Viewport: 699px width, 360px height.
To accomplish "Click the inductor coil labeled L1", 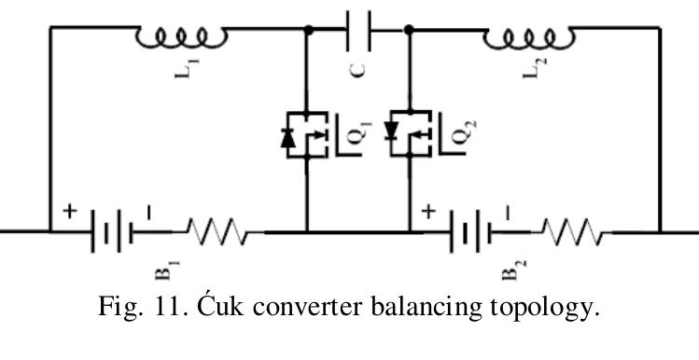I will pyautogui.click(x=181, y=36).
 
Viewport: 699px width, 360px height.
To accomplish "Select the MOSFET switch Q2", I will pyautogui.click(x=411, y=134).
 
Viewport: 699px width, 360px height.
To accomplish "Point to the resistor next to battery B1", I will pyautogui.click(x=216, y=231).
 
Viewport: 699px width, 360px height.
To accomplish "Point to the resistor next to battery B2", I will pyautogui.click(x=574, y=231).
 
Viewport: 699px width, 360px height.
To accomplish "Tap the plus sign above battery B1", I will pyautogui.click(x=68, y=211).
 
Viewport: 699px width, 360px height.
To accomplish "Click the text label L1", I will pyautogui.click(x=182, y=74).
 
